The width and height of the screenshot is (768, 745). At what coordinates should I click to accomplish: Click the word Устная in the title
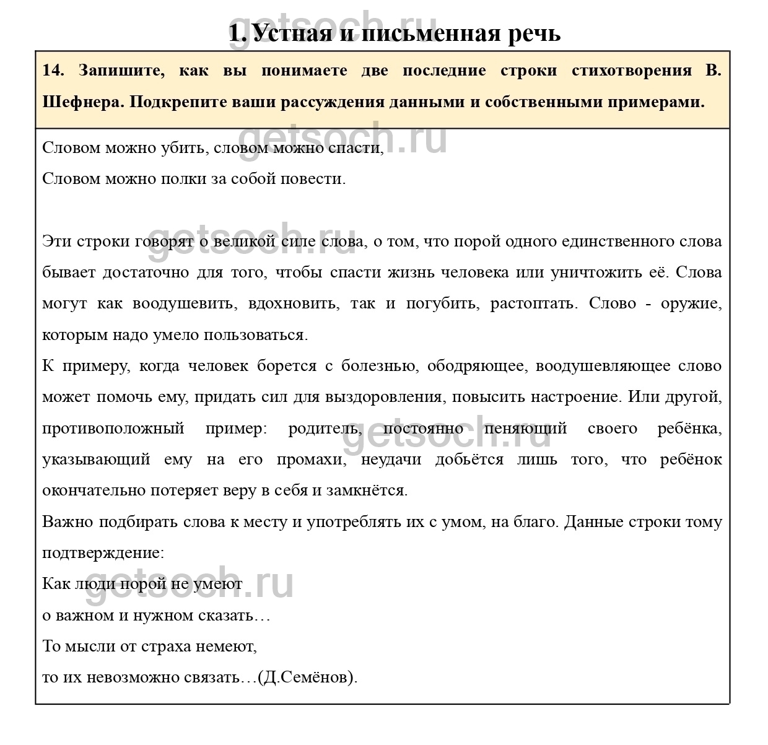click(291, 32)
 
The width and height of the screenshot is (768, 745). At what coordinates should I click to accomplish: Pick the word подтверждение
click(103, 553)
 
